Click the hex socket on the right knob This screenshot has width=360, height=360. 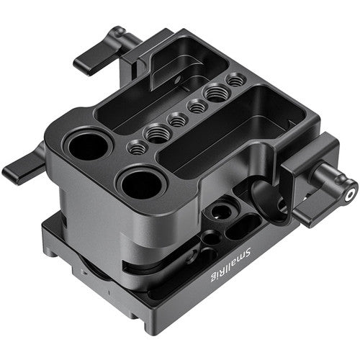(350, 194)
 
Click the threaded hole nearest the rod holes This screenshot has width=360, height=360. (135, 147)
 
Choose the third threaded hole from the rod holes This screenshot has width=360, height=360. (176, 120)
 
